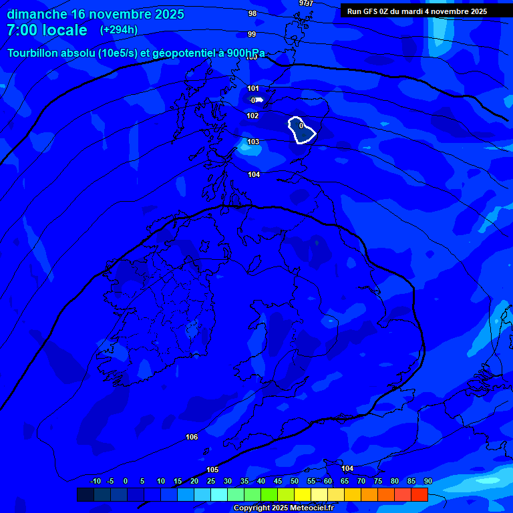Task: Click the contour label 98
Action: [252, 13]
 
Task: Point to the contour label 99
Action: [252, 34]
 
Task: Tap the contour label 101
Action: [253, 88]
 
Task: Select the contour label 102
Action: [252, 116]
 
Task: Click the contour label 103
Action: [253, 142]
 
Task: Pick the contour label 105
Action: [212, 470]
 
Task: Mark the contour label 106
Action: [192, 437]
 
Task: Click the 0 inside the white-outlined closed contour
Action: [301, 126]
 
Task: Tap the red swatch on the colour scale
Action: [419, 495]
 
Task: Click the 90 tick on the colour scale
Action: [427, 481]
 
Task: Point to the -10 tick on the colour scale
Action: [95, 481]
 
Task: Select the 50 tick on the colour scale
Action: [295, 481]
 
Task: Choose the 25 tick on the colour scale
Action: [211, 481]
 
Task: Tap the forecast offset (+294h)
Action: [119, 30]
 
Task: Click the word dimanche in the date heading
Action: [37, 14]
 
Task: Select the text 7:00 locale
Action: [47, 30]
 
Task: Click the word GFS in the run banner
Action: [371, 11]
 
